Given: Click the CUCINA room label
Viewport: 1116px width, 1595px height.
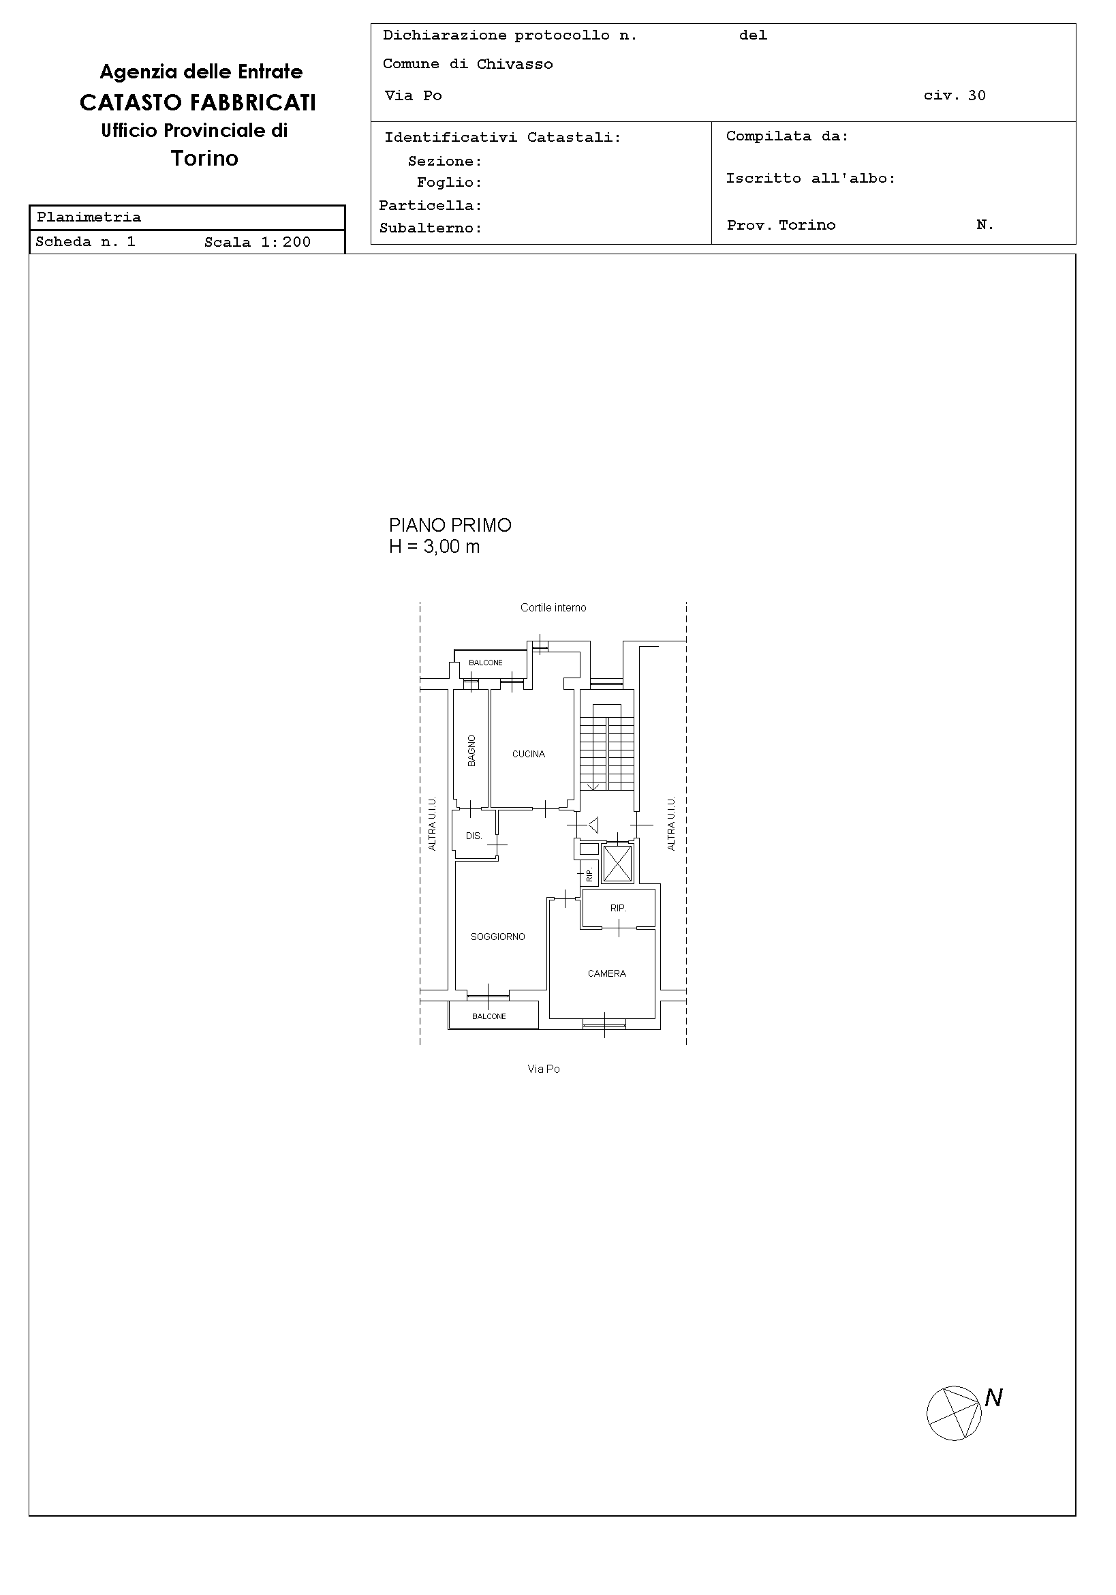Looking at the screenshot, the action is (x=529, y=754).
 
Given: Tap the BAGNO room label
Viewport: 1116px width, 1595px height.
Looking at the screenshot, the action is (x=472, y=750).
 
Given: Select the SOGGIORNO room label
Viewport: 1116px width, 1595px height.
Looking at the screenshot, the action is (x=498, y=937).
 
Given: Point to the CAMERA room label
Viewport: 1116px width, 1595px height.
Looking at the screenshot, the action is (x=607, y=973).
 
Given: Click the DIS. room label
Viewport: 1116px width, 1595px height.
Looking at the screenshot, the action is (x=474, y=836).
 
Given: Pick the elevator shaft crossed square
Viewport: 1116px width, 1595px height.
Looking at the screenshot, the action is (x=617, y=864).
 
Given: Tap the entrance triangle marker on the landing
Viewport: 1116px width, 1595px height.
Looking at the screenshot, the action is (x=593, y=825).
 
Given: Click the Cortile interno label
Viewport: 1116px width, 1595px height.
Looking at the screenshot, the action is (x=553, y=608).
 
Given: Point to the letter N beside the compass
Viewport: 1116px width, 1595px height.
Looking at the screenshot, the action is (x=994, y=1398).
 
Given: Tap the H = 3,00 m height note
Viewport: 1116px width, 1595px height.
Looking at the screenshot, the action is (x=434, y=547).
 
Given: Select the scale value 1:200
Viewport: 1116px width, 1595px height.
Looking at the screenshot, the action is (x=286, y=242).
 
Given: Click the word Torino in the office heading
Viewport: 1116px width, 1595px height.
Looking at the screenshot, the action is (x=205, y=158).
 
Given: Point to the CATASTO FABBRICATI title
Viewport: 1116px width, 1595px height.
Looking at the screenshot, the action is (x=198, y=103).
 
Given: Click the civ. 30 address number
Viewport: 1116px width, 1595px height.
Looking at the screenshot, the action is (x=955, y=95).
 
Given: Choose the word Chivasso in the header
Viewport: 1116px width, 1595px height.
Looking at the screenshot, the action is (x=514, y=64).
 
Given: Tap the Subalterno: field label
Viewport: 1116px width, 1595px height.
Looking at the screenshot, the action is (x=431, y=228).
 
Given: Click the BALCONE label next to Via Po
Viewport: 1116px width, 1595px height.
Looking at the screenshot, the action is (x=489, y=1016).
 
